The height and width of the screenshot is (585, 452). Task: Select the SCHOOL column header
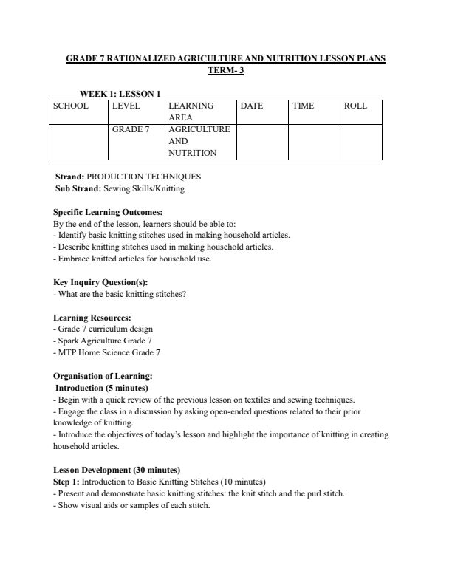pos(71,106)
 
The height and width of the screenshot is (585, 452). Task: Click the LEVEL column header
pos(126,106)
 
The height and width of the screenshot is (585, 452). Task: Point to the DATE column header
pos(252,106)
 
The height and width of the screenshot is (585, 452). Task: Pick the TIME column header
pos(303,106)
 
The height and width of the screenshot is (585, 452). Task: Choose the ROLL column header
pos(355,106)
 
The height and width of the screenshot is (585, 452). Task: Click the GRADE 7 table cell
pos(131,129)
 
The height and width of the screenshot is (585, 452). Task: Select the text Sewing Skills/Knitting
pos(145,189)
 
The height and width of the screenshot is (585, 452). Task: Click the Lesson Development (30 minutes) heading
pos(117,471)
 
